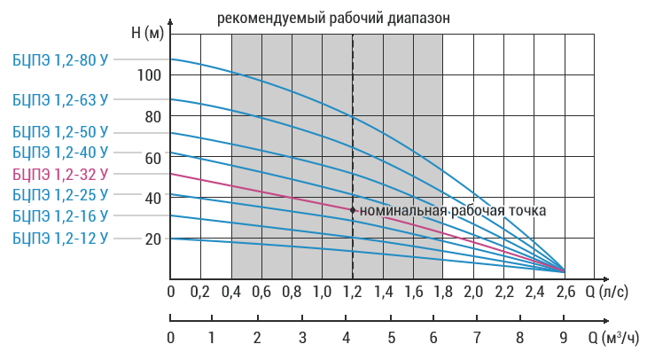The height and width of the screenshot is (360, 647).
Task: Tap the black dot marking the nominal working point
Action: (353, 210)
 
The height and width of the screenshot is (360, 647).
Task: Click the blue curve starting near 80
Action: (292, 121)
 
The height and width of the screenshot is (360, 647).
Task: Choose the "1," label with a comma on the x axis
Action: (370, 292)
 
